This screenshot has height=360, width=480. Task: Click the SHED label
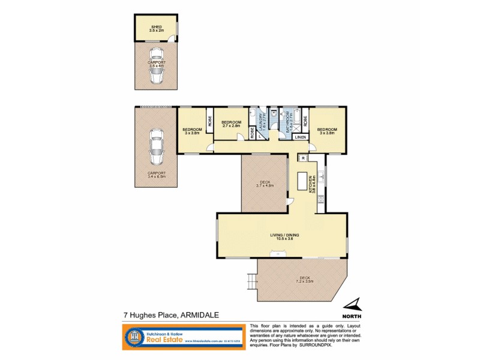pyautogui.click(x=156, y=26)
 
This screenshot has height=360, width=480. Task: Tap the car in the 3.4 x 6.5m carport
pyautogui.click(x=156, y=147)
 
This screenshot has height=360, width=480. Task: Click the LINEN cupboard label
pyautogui.click(x=301, y=137)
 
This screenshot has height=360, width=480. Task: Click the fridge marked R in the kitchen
pyautogui.click(x=304, y=158)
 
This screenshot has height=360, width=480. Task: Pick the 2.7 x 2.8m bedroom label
pyautogui.click(x=230, y=124)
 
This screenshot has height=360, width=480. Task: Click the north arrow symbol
pyautogui.click(x=355, y=305)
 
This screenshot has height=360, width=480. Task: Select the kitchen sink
pyautogui.click(x=322, y=177)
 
